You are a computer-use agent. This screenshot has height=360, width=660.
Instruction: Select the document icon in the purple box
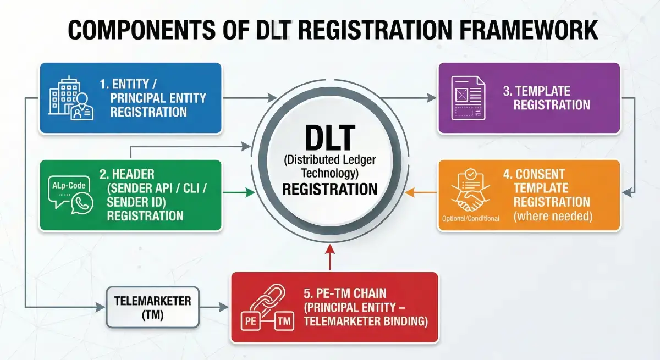point(468,98)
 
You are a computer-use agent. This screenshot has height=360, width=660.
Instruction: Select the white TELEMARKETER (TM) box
point(152,307)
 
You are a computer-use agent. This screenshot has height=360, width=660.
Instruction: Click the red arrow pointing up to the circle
point(330,257)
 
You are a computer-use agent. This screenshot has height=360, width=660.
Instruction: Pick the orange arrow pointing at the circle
point(424,192)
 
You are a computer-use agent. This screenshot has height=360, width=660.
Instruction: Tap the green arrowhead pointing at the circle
point(251,192)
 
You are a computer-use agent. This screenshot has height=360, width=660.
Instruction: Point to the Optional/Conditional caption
point(470,219)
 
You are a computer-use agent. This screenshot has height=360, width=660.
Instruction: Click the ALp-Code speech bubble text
point(68,186)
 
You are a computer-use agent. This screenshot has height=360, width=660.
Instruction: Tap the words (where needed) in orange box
point(552,217)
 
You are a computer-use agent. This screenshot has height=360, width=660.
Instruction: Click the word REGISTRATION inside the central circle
point(330,190)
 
